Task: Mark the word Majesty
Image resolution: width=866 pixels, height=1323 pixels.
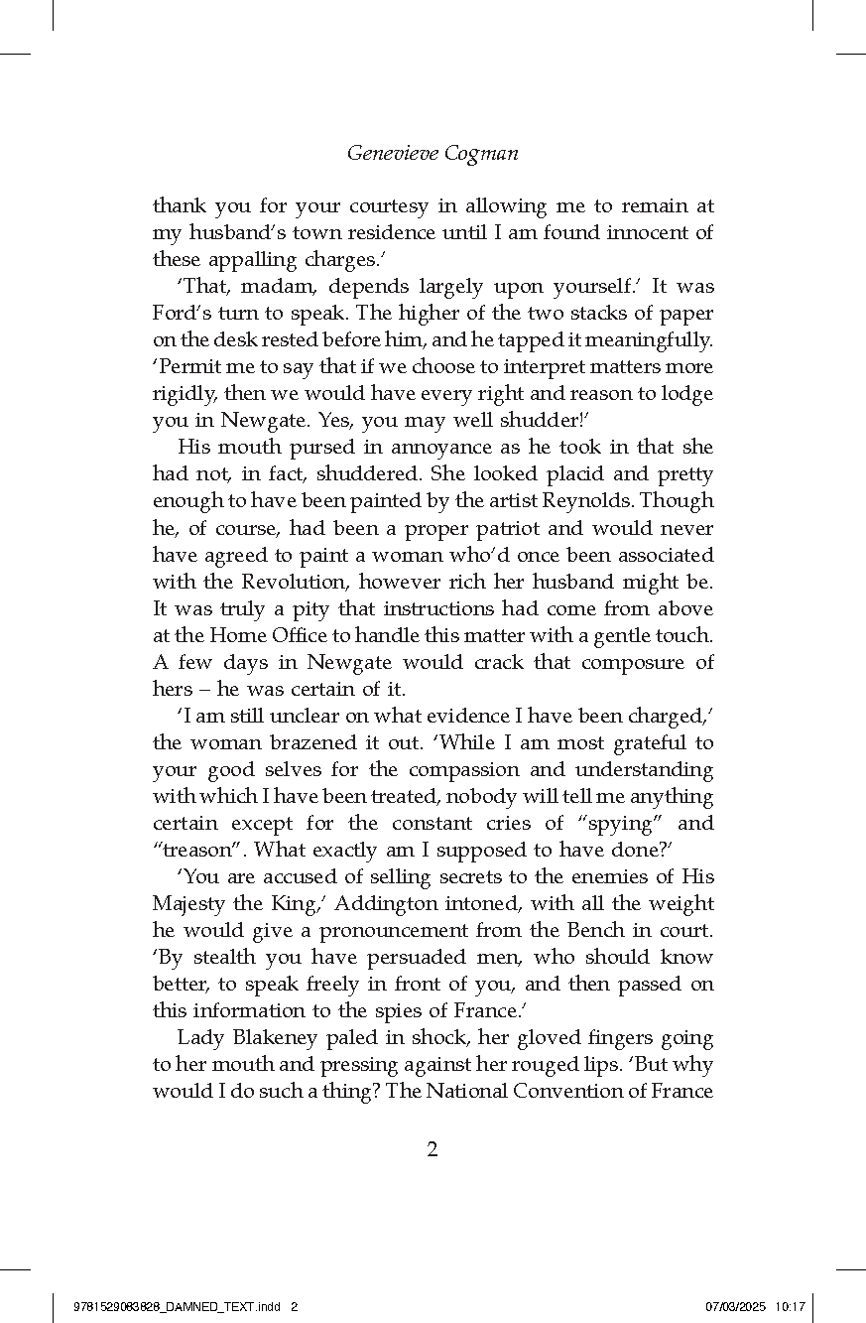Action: [191, 903]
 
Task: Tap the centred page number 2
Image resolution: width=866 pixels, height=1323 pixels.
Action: [432, 1150]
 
